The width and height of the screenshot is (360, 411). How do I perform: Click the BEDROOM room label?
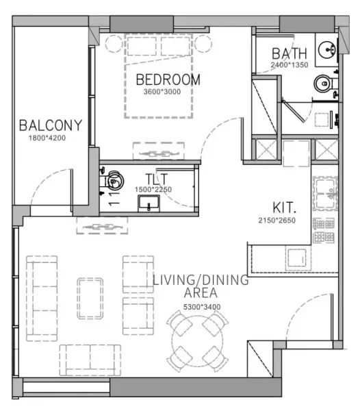pos(168,79)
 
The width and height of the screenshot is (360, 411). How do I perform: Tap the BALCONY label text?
pos(51,125)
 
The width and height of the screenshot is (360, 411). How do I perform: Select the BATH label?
pos(290,53)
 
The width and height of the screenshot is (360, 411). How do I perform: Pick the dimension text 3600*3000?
pos(162,92)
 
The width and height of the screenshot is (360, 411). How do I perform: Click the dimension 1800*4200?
pos(51,138)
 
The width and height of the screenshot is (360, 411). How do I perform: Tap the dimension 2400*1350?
pos(290,65)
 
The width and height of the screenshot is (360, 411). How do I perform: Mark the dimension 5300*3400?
pos(201,307)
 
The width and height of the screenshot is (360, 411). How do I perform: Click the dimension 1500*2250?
pos(153,190)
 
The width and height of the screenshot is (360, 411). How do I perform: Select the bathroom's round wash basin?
pos(326,50)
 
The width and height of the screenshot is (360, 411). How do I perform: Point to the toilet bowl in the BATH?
pos(323,84)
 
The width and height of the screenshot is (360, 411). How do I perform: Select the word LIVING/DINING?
pos(200,280)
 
